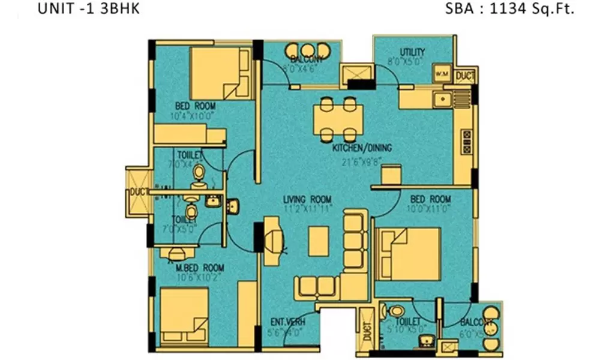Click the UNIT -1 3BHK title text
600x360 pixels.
click(88, 10)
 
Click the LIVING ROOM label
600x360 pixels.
click(308, 200)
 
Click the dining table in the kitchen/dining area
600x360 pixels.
click(338, 119)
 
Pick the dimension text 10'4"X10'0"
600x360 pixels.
click(193, 115)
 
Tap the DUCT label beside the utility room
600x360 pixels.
click(465, 76)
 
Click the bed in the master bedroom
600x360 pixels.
click(184, 317)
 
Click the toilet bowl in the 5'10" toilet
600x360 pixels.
click(397, 312)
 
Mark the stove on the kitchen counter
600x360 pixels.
click(466, 141)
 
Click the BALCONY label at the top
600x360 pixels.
click(307, 59)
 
